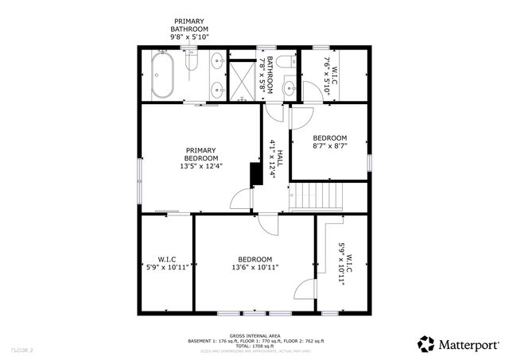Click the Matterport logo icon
point(426,344)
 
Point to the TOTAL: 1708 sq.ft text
point(254,346)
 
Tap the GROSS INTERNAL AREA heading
point(254,335)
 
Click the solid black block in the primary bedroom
point(255,174)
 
